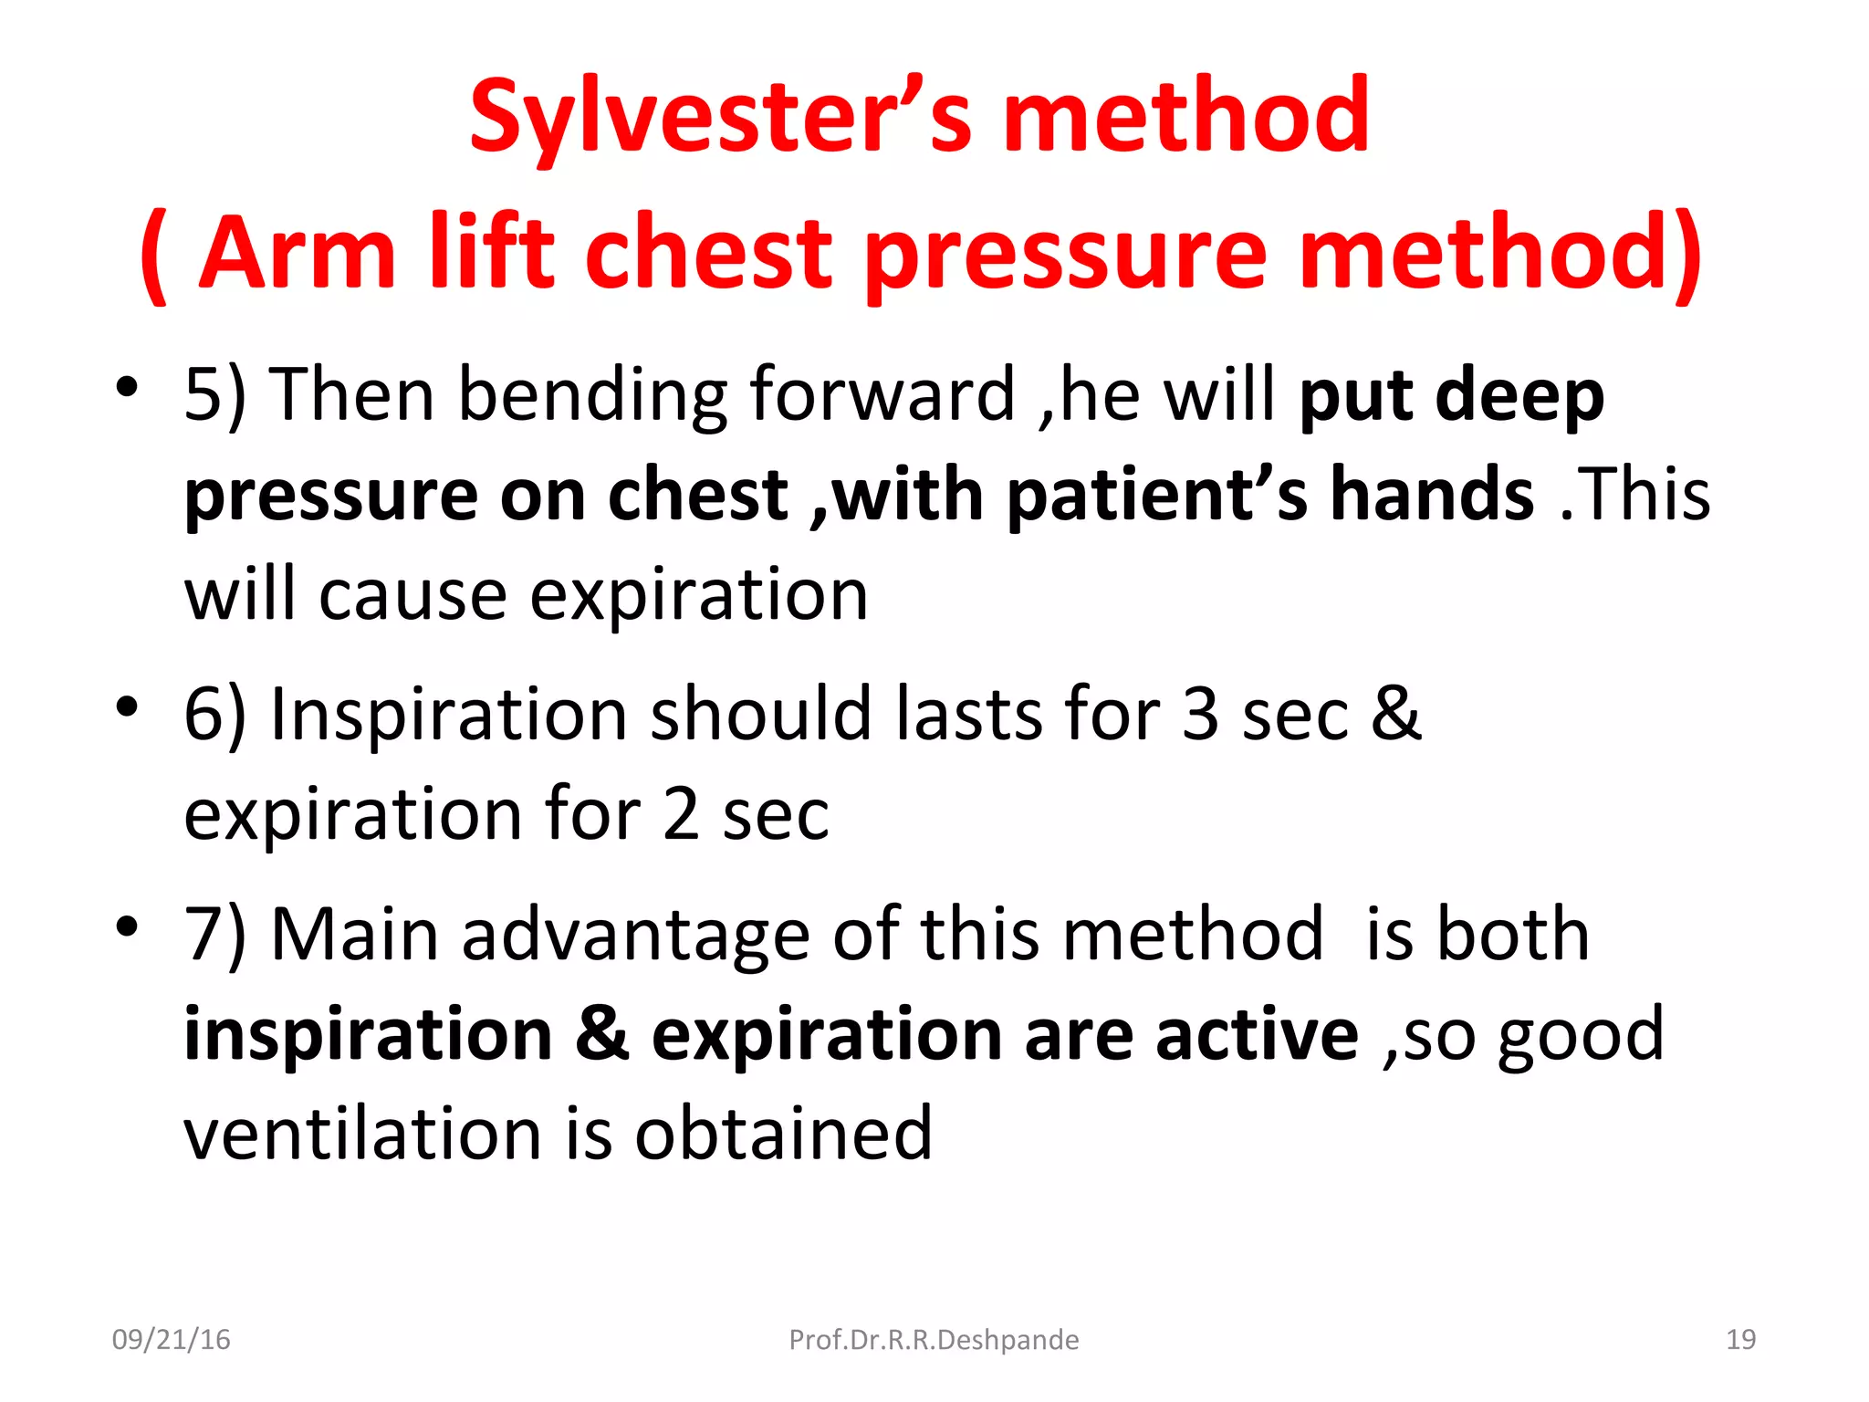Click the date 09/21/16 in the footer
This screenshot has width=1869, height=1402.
171,1339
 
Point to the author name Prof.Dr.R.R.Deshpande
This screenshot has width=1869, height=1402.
934,1339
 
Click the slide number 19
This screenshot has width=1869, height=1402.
1740,1339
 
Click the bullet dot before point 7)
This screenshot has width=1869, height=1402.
127,926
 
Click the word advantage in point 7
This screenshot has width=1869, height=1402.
635,936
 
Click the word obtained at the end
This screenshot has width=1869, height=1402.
783,1134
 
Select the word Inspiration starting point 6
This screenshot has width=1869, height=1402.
448,716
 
